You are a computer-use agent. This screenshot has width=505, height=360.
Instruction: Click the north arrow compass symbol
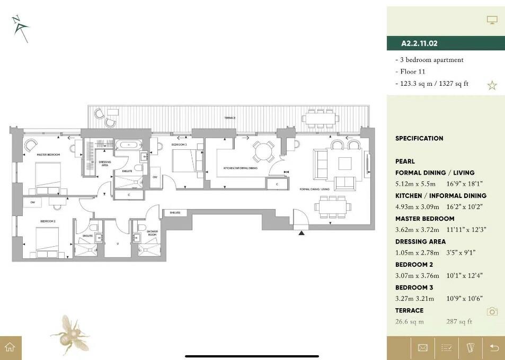coord(20,28)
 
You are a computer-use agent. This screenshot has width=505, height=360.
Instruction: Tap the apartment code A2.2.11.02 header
coord(420,43)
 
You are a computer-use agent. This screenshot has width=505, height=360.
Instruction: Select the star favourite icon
coord(492,85)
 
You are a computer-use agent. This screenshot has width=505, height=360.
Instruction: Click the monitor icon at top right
coord(492,20)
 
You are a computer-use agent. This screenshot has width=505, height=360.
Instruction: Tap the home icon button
coord(10,348)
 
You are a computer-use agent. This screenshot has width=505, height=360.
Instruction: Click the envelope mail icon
coord(422,348)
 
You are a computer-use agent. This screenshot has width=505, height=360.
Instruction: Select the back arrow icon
coord(494,348)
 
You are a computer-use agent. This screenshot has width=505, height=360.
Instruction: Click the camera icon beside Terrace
coord(492,311)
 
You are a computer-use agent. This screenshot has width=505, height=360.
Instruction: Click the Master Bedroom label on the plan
coord(48,155)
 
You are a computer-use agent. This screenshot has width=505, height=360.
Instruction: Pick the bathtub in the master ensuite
coord(129,145)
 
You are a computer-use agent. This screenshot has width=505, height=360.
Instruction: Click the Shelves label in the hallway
coord(175,212)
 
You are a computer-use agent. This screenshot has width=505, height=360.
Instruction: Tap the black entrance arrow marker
coord(302,232)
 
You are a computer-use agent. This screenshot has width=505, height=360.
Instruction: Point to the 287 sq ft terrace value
coord(459,321)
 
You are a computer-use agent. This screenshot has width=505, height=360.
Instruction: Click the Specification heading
coord(419,138)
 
